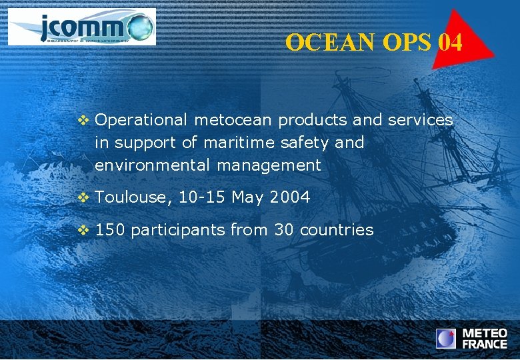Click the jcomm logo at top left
click(81, 27)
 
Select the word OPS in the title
click(408, 43)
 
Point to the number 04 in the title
click(451, 43)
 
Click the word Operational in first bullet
click(142, 120)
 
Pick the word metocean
click(234, 120)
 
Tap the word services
click(419, 120)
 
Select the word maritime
click(241, 142)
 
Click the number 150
click(110, 230)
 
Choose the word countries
click(337, 230)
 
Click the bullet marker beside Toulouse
click(83, 197)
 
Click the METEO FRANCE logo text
click(485, 339)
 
